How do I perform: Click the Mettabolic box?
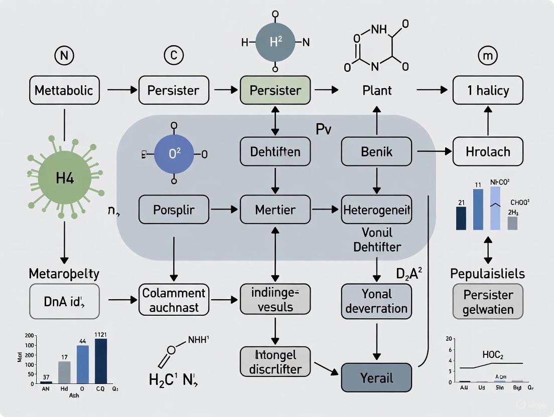64,90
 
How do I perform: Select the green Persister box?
275,90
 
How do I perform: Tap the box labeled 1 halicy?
488,90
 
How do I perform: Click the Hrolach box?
488,151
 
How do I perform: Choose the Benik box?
376,151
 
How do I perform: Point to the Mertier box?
275,209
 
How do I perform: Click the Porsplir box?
174,209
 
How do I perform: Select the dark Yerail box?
376,377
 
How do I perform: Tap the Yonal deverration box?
376,301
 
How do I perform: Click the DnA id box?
64,301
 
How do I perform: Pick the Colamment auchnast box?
174,300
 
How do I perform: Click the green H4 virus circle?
64,178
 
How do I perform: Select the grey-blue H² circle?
275,43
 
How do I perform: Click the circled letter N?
64,55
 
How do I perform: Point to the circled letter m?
488,55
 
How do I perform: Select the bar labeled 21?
461,218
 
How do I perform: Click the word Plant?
376,91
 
